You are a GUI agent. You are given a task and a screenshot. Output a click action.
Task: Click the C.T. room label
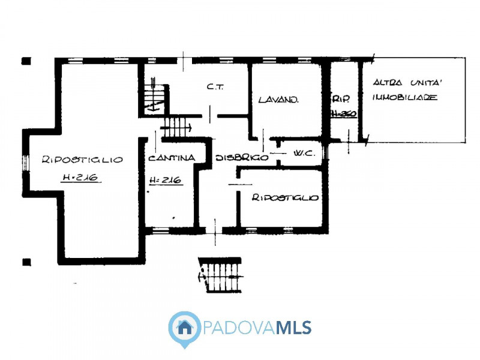point(215,87)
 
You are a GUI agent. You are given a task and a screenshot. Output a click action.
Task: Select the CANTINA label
point(171,158)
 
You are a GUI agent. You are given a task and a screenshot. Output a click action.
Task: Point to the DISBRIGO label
point(241,158)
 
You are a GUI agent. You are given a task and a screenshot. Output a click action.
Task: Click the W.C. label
point(305,154)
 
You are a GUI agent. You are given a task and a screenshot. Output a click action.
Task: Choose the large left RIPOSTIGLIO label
point(82,160)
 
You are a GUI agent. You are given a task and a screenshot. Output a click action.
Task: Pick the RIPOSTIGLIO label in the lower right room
point(284,197)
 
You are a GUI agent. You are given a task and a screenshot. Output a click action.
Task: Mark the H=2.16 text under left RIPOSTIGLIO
point(80,178)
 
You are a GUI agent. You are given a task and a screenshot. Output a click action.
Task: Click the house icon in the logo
point(185,328)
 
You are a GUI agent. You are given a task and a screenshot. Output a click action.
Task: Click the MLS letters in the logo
point(293,328)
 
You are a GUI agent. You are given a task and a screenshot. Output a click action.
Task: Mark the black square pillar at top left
point(26,61)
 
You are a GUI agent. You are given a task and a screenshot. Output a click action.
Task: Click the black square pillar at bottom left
point(26,262)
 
